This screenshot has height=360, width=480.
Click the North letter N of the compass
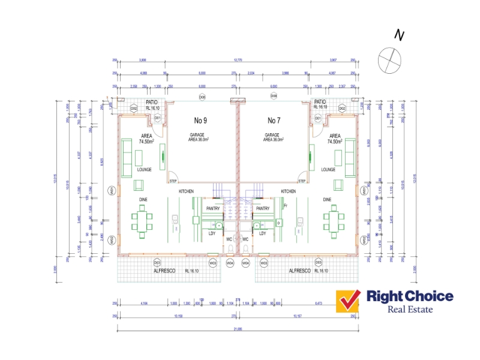398,35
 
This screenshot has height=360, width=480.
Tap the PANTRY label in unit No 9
214,208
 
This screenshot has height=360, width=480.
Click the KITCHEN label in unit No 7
289,191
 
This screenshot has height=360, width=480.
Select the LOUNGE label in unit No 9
144,170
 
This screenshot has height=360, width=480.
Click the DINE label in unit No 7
327,199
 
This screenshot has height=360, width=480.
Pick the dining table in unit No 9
142,220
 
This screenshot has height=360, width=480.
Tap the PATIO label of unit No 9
151,102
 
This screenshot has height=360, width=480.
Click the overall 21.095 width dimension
238,330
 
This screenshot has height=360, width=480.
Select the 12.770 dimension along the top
238,60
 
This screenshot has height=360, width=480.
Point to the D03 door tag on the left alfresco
157,263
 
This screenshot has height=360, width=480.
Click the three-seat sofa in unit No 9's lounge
127,157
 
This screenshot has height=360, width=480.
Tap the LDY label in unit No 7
262,233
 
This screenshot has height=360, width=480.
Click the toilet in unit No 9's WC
229,247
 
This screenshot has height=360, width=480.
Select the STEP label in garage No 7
302,180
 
